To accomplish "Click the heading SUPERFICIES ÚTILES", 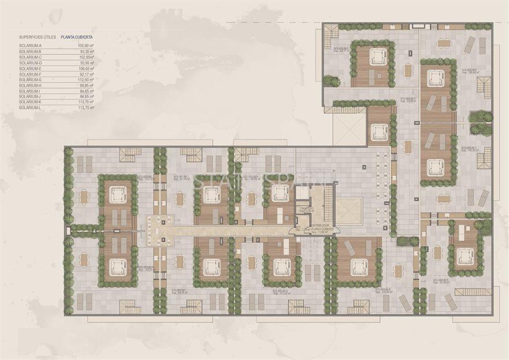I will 38,36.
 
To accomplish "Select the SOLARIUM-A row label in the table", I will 30,45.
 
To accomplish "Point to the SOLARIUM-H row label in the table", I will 30,86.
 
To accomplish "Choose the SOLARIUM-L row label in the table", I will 30,107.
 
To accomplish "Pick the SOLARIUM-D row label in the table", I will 30,63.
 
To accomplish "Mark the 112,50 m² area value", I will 86,80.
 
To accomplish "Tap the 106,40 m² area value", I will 86,69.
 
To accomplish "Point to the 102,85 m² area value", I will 86,58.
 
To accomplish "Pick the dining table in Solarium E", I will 444,43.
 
